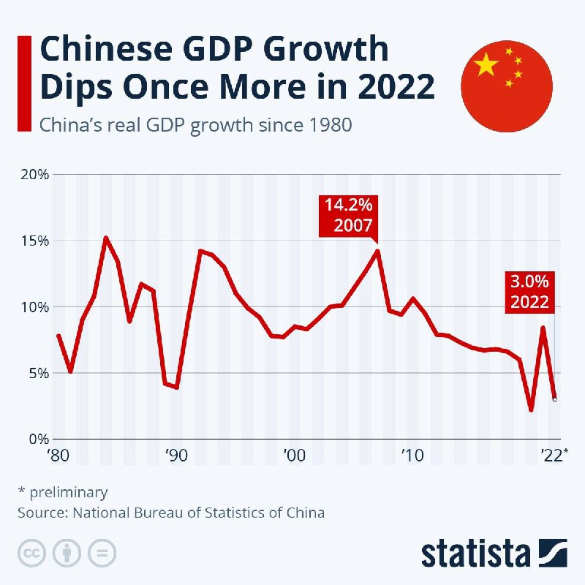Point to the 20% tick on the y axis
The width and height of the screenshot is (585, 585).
tap(33, 175)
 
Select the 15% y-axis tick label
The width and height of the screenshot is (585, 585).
tap(33, 241)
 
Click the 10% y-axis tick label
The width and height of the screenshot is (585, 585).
tap(33, 307)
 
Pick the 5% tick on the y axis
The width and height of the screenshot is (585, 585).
tap(37, 373)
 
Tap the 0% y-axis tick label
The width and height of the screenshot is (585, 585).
tap(37, 439)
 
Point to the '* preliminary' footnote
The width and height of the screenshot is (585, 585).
tap(62, 492)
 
